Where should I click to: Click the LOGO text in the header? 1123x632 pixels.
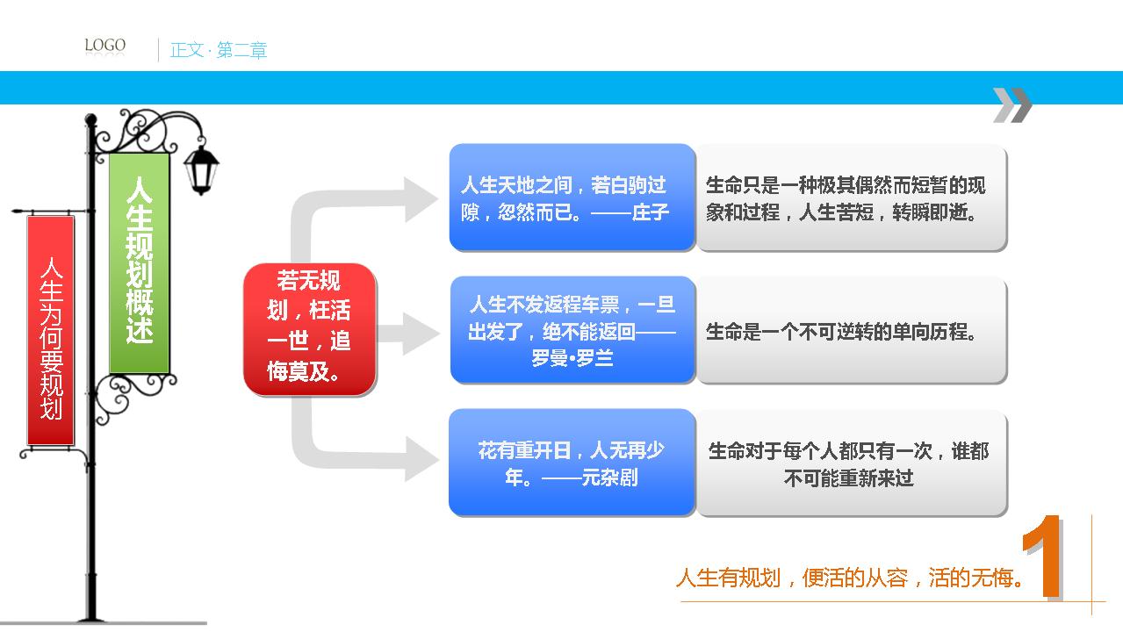point(104,45)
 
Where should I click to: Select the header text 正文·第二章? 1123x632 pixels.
point(219,50)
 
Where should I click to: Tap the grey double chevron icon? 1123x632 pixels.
point(1012,104)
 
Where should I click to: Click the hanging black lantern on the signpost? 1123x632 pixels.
point(202,169)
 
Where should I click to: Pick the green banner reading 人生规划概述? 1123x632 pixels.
point(139,262)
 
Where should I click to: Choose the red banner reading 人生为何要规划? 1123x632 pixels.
point(51,330)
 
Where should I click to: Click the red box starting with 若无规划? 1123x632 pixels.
point(310,329)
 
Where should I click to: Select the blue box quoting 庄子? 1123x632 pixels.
point(572,197)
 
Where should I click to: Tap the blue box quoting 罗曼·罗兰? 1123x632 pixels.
point(572,330)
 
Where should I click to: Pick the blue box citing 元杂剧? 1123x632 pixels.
point(572,463)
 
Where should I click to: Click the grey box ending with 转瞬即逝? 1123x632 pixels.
point(852,198)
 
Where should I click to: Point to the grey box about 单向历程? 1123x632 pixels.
point(852,331)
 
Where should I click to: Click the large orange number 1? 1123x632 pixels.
point(1043,557)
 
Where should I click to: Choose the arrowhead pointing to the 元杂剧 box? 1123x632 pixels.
point(421,458)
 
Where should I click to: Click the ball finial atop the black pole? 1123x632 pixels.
point(90,119)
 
